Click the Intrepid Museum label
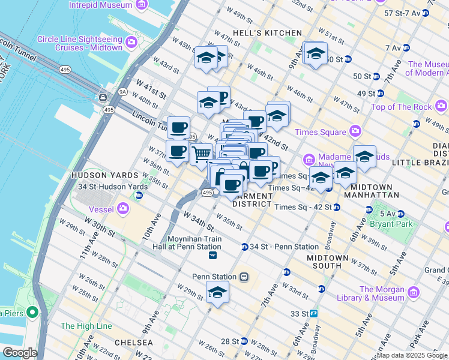click(x=101, y=5)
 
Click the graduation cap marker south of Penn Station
click(x=217, y=293)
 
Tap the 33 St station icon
click(x=313, y=313)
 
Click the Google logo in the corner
click(x=20, y=353)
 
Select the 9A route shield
click(x=123, y=92)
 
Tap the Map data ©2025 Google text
click(x=412, y=355)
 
